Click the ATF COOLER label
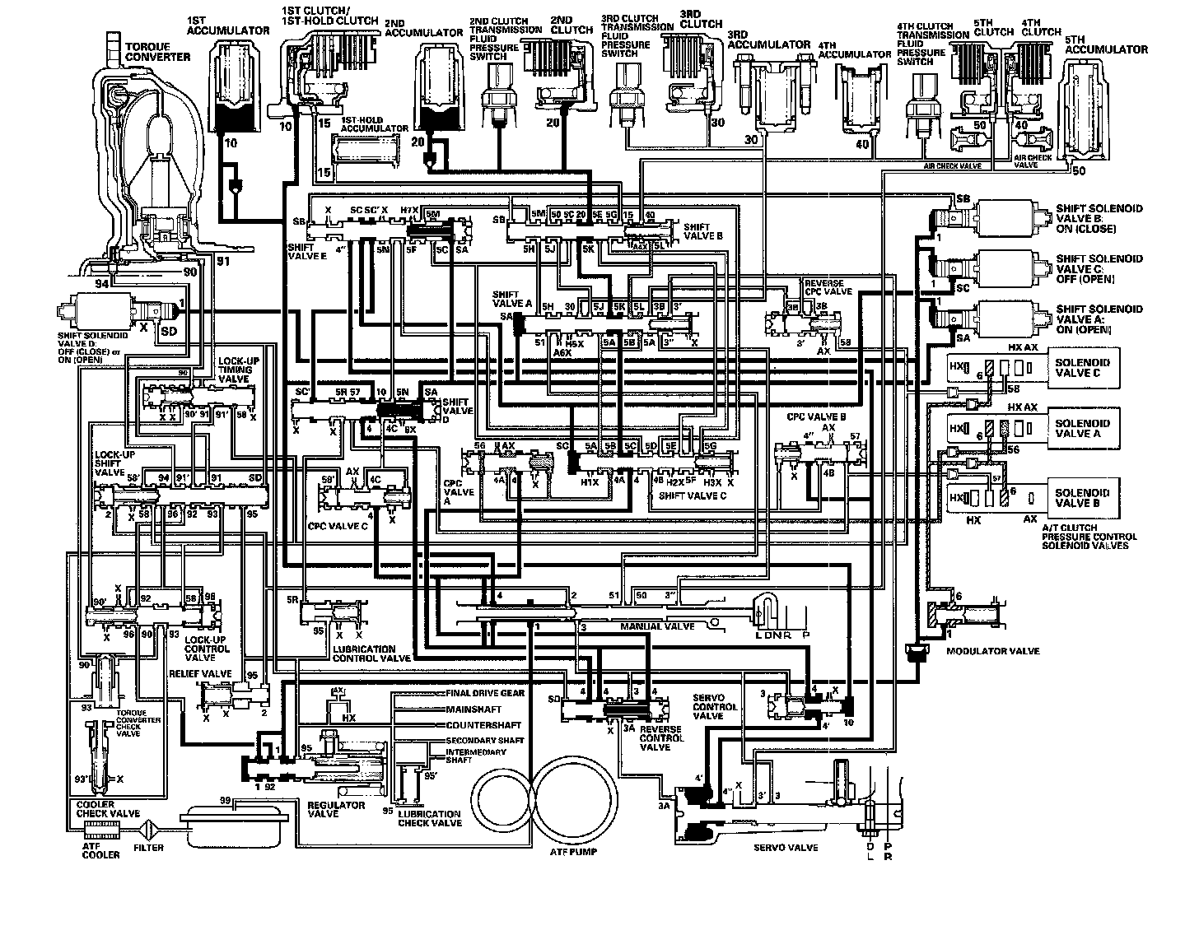[x=100, y=851]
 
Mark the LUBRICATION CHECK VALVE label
[x=429, y=818]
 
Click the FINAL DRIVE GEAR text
[x=485, y=693]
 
